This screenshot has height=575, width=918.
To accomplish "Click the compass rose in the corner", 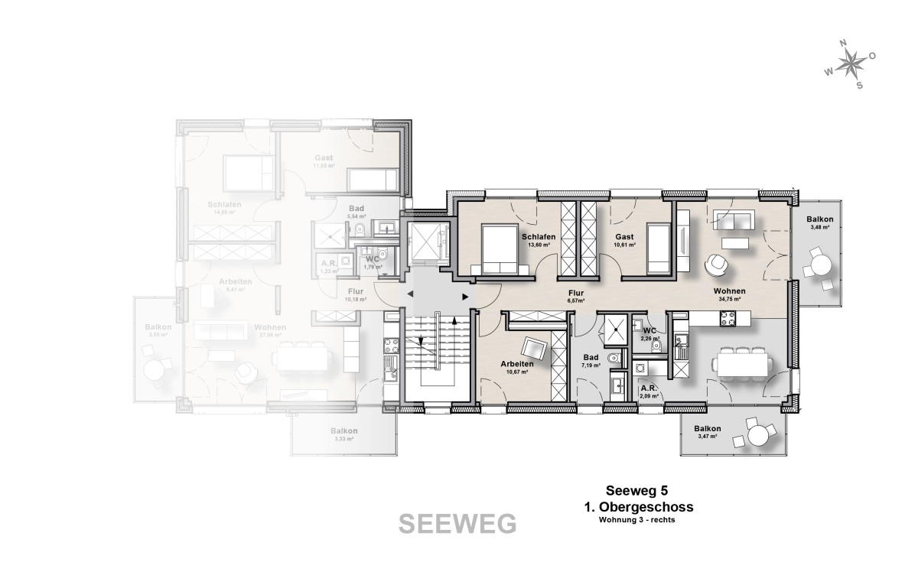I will pyautogui.click(x=850, y=65).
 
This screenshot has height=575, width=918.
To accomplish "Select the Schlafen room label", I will pyautogui.click(x=539, y=237).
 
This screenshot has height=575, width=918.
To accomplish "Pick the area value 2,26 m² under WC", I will pyautogui.click(x=650, y=337).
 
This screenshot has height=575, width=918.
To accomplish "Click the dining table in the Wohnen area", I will pyautogui.click(x=742, y=365).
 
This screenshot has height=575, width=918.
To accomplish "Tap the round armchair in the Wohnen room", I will pyautogui.click(x=717, y=264).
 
